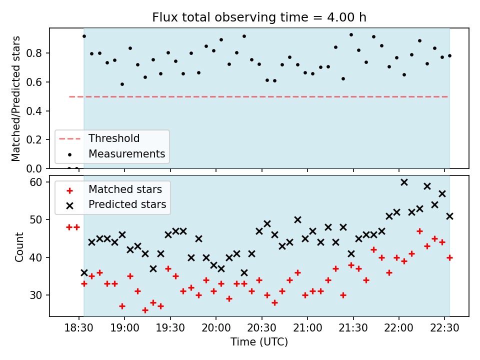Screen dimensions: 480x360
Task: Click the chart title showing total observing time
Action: [259, 17]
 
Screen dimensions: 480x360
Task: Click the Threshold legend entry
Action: [99, 138]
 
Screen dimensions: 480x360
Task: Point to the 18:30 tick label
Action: [78, 328]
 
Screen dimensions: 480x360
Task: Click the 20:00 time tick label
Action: [216, 328]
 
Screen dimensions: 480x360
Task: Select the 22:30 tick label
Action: [444, 328]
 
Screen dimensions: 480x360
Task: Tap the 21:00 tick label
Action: [307, 328]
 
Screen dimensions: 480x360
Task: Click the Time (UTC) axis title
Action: [259, 341]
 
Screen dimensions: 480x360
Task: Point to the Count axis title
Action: [19, 246]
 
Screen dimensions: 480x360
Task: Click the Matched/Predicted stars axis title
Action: [15, 98]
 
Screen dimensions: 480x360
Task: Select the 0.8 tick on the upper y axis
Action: [33, 53]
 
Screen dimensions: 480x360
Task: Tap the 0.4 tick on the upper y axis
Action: [33, 111]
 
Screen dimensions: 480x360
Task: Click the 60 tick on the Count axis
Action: [36, 182]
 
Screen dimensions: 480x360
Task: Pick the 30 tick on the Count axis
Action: [36, 295]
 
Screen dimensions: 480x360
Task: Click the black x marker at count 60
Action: [404, 182]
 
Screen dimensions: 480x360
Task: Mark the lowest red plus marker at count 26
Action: [145, 310]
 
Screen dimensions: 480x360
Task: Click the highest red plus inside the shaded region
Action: [419, 231]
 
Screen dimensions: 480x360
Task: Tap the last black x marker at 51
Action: [449, 216]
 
